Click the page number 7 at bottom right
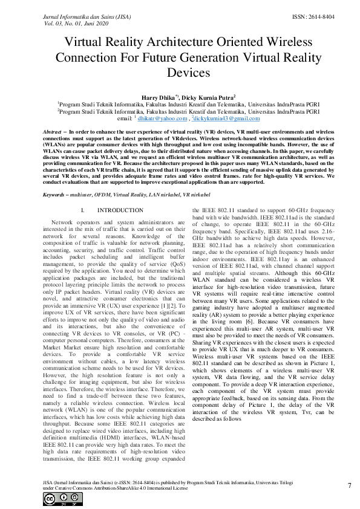(350, 485)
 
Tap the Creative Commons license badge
(54, 498)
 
